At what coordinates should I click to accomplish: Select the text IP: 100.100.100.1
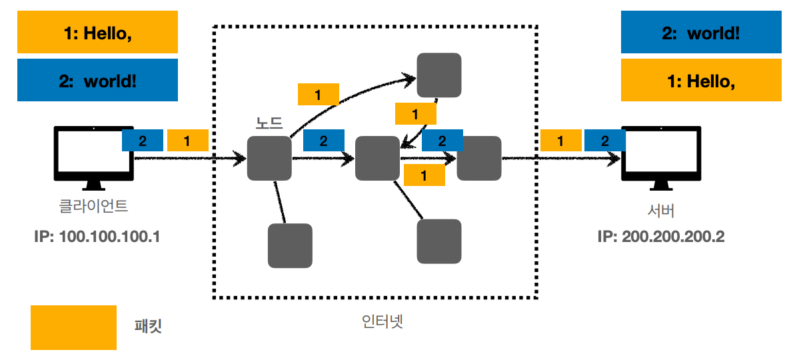point(97,237)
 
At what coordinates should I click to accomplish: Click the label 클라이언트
point(94,206)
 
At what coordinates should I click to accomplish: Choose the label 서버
point(661,212)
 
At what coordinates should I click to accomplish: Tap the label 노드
point(269,123)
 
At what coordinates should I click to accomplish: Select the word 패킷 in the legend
point(149,327)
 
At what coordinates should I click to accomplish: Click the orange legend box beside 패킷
point(73,327)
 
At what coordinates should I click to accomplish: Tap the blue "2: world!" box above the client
point(97,81)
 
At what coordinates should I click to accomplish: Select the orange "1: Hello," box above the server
point(701,81)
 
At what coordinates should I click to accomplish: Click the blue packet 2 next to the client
point(143,141)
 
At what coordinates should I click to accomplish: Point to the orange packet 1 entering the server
point(560,141)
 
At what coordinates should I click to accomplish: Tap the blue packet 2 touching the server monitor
point(604,141)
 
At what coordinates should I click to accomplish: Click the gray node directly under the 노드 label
point(269,159)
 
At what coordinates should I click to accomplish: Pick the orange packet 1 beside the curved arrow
point(318,95)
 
